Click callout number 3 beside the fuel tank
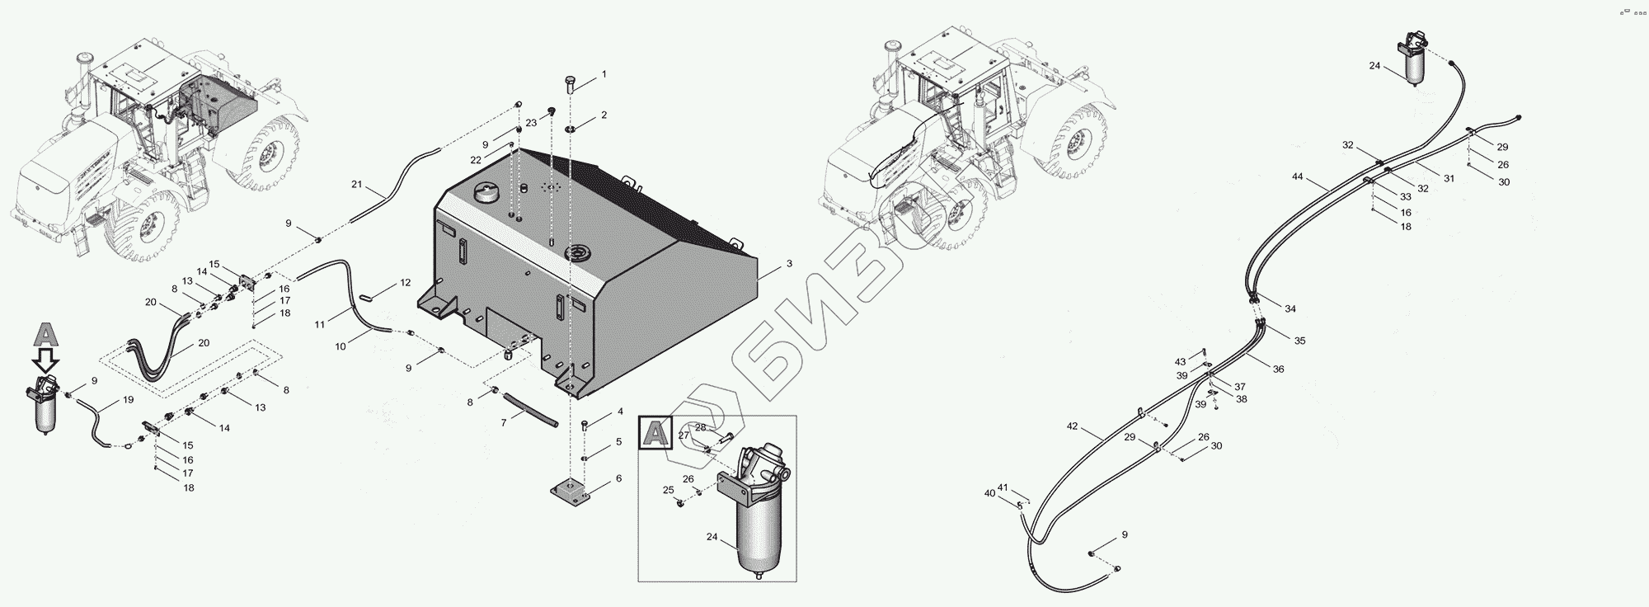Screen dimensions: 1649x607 click(789, 264)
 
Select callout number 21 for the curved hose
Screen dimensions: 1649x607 click(356, 184)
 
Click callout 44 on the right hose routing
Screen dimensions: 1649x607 click(1297, 176)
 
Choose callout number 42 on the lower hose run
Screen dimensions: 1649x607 click(1072, 426)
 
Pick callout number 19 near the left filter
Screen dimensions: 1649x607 click(128, 399)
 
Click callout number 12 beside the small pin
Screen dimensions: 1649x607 click(405, 283)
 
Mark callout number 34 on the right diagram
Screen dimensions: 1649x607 click(1290, 309)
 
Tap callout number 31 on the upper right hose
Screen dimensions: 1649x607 click(1449, 178)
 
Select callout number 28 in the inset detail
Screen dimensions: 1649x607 click(700, 427)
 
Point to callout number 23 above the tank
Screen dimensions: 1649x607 click(531, 122)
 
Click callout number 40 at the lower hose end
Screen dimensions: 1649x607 click(989, 493)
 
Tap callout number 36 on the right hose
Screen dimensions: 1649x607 click(1278, 369)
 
